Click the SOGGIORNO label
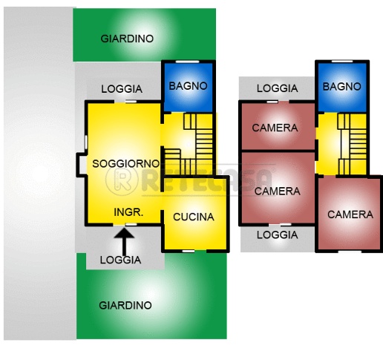tap(125, 163)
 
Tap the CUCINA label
tap(194, 217)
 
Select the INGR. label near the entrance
tap(128, 212)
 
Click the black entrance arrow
tap(124, 242)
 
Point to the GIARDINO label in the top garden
tap(127, 39)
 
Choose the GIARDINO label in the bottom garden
tap(125, 305)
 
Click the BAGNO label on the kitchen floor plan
tap(188, 86)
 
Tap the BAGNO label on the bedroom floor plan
tap(341, 87)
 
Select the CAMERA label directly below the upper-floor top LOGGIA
tap(275, 128)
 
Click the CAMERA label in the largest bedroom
tap(277, 192)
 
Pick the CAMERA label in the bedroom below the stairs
tap(350, 215)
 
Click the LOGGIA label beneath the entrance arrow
tap(120, 260)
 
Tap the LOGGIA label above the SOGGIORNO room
tap(122, 89)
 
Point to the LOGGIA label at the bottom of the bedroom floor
tap(277, 235)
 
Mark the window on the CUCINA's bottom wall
tap(188, 251)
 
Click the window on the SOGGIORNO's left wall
tap(86, 142)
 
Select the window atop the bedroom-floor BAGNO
tap(342, 61)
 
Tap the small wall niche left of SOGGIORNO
tap(82, 165)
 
